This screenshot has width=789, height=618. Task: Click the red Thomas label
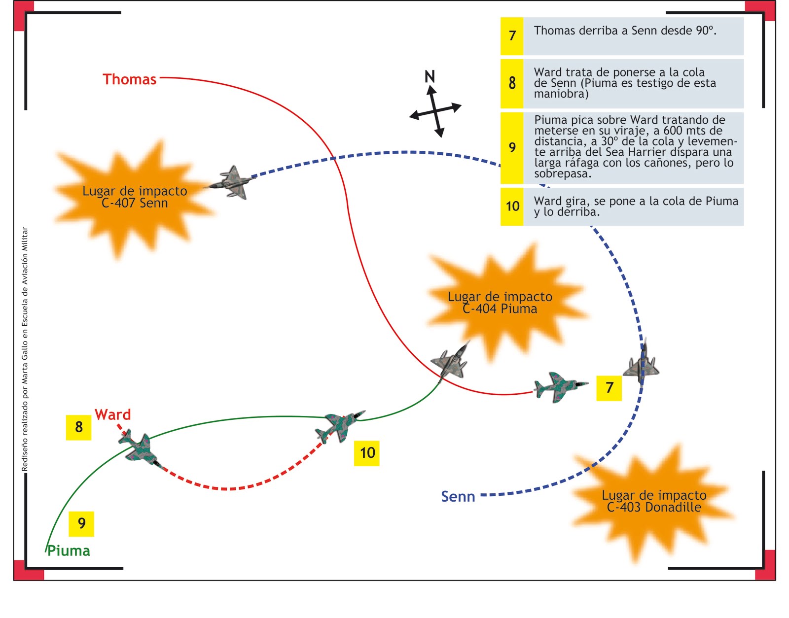pyautogui.click(x=129, y=79)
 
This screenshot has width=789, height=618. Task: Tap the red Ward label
pyautogui.click(x=113, y=414)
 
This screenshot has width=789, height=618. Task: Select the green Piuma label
pyautogui.click(x=69, y=550)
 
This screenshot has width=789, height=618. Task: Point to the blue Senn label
pyautogui.click(x=458, y=496)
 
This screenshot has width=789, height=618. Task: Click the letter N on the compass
pyautogui.click(x=430, y=76)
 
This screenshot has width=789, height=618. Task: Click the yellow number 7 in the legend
pyautogui.click(x=512, y=36)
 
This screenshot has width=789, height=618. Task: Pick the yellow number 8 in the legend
pyautogui.click(x=512, y=83)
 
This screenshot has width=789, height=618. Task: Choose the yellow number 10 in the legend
pyautogui.click(x=512, y=206)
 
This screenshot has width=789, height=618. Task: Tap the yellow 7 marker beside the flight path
pyautogui.click(x=609, y=388)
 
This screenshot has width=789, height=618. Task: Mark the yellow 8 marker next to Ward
pyautogui.click(x=78, y=427)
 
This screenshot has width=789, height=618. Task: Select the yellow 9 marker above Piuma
pyautogui.click(x=81, y=523)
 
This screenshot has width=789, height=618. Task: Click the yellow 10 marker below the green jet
pyautogui.click(x=367, y=453)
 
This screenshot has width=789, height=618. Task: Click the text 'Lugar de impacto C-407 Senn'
pyautogui.click(x=135, y=197)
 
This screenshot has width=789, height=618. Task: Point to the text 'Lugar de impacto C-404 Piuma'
pyautogui.click(x=500, y=303)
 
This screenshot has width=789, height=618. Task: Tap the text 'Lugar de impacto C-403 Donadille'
pyautogui.click(x=654, y=501)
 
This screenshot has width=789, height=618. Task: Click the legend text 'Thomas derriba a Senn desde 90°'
pyautogui.click(x=625, y=31)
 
